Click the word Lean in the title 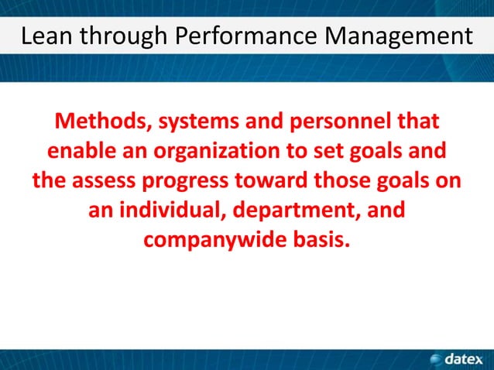[46, 36]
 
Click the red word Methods [99, 122]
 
